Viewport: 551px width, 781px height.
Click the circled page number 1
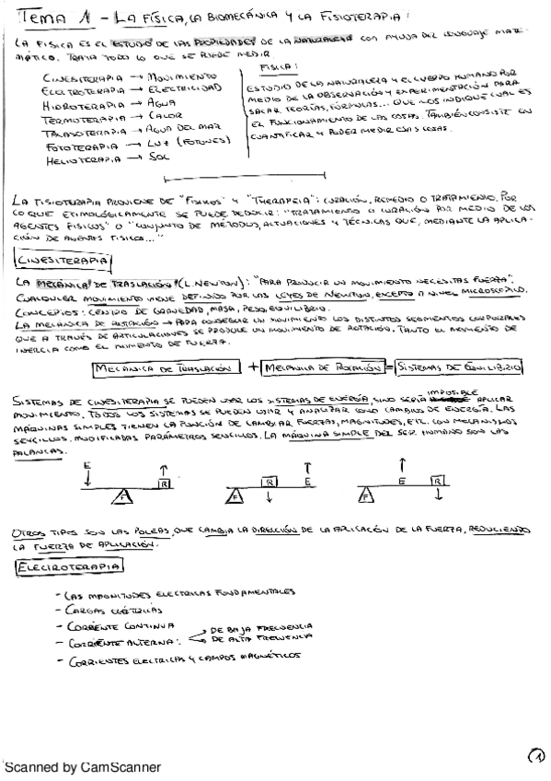tap(536, 755)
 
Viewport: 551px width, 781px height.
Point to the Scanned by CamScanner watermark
tap(83, 765)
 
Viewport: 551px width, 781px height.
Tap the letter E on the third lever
tap(401, 480)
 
